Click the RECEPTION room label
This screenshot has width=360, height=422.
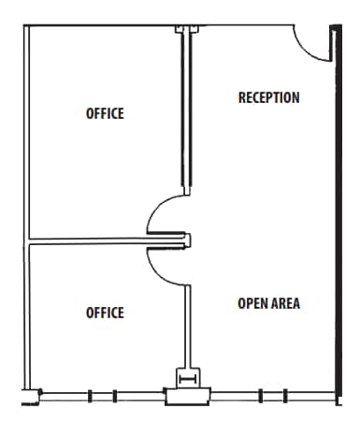268,97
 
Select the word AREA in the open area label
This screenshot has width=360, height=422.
284,303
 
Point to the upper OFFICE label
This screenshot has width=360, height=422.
105,113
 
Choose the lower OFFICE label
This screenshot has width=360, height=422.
105,312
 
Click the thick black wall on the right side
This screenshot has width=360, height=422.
334,215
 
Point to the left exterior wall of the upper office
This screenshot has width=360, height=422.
24,131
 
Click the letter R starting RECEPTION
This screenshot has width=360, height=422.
242,97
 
